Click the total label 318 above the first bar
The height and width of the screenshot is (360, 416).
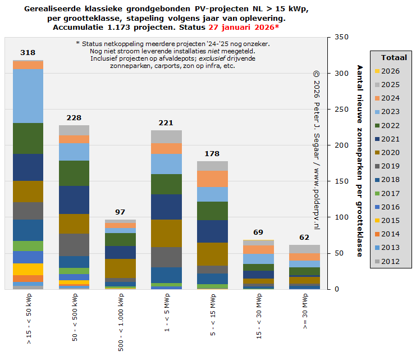point(28,53)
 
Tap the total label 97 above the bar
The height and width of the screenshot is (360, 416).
point(120,212)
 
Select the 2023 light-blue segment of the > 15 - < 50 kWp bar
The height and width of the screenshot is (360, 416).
point(28,96)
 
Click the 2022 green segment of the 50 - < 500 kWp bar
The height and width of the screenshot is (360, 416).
point(74,173)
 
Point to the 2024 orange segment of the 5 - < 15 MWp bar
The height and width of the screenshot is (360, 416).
point(212,179)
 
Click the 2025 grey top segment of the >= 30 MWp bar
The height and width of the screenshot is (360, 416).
point(304,249)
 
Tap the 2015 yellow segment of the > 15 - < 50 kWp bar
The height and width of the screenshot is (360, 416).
point(28,269)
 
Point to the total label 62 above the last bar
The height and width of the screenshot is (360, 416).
point(304,238)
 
